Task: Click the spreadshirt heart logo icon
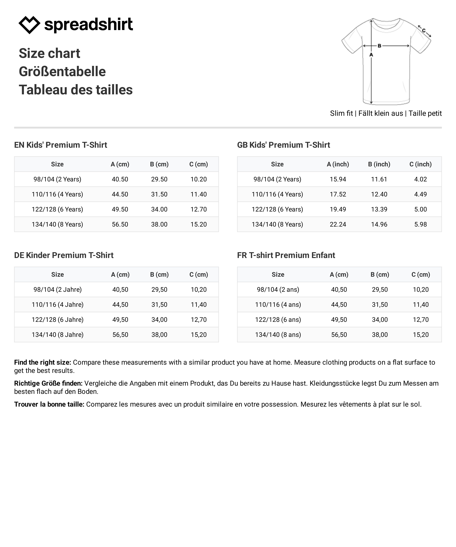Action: click(29, 25)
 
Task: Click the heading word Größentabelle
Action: click(62, 72)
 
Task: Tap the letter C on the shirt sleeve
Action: click(424, 31)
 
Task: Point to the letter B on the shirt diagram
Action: click(379, 46)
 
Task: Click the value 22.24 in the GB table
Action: click(338, 224)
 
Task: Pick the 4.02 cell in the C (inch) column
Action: click(421, 179)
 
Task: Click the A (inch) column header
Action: click(338, 164)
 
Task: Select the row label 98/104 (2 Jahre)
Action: click(58, 289)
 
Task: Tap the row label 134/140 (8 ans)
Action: click(278, 335)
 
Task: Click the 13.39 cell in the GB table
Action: click(379, 209)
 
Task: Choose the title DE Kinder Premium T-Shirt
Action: click(64, 255)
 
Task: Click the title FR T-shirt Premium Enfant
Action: click(286, 255)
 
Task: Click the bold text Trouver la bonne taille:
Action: click(49, 404)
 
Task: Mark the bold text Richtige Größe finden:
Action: click(48, 383)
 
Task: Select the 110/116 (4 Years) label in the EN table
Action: click(57, 194)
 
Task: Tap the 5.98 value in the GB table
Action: click(421, 224)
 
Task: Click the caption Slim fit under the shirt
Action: click(341, 113)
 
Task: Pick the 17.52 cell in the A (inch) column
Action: click(338, 194)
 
